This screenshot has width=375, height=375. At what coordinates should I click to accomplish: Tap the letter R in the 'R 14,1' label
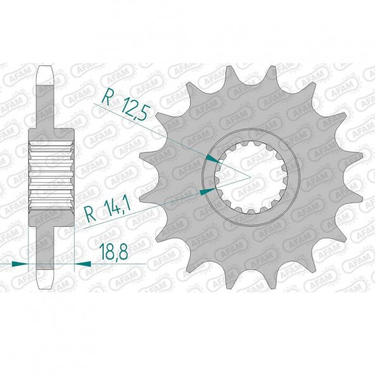click(89, 213)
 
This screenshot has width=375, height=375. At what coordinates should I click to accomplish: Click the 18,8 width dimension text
click(113, 253)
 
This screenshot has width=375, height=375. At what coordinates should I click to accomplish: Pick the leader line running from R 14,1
click(152, 202)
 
